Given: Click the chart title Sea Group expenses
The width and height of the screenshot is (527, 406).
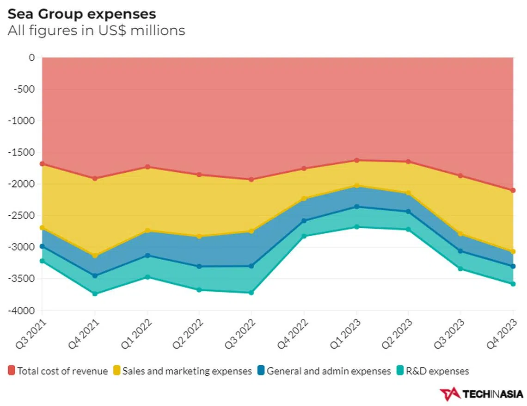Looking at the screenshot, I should (82, 14).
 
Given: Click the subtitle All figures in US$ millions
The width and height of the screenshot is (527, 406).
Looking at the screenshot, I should (96, 31).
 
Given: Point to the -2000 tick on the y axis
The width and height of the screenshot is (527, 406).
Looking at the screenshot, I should (22, 184).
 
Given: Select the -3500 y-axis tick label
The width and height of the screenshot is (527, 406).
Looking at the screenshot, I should (22, 279).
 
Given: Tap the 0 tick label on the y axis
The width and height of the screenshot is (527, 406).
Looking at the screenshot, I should (31, 58).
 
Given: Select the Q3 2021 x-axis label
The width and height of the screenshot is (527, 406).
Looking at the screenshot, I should (31, 332).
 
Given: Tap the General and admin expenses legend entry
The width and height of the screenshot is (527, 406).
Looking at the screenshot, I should (324, 371).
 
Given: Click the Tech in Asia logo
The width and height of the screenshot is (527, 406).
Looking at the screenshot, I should (481, 394).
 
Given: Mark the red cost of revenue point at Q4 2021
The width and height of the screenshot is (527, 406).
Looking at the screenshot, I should (95, 178).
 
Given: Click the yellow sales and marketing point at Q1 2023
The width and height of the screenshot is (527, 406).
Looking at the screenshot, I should (356, 186).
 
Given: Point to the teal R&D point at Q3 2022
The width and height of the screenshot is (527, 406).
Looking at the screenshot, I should (251, 293).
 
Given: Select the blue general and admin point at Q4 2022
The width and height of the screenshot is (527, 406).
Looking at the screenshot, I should (304, 221).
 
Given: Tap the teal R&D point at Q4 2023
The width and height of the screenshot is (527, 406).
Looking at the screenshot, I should (513, 284).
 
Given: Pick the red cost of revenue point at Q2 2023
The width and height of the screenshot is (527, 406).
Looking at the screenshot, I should (408, 162).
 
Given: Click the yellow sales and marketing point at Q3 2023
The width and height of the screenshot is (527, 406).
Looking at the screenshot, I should (460, 234).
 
